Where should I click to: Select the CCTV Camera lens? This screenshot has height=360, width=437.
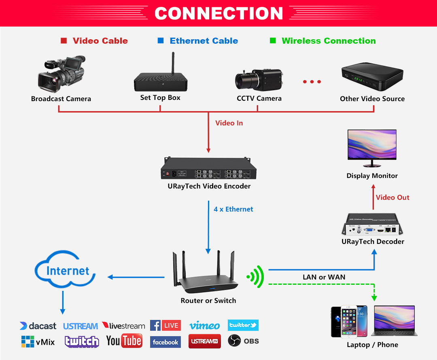click(x=244, y=80)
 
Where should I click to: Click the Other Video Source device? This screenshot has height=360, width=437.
click(x=372, y=77)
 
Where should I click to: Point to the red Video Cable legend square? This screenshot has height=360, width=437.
click(x=64, y=41)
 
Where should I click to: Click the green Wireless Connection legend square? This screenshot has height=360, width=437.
click(x=273, y=41)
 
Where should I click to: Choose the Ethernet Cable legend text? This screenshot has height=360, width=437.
click(x=204, y=41)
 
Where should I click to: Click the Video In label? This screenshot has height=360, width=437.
click(x=229, y=123)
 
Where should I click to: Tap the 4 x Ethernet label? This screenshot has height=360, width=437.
click(x=233, y=209)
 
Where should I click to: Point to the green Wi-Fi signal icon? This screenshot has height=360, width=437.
click(x=256, y=277)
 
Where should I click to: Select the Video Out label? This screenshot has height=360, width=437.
click(x=392, y=197)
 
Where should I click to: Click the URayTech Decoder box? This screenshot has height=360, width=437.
click(x=373, y=226)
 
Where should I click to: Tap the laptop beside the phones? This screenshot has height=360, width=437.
click(x=394, y=322)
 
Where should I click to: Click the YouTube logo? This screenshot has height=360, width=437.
click(x=124, y=341)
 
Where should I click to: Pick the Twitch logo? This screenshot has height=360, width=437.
click(x=82, y=341)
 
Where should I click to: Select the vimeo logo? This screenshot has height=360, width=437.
click(x=204, y=326)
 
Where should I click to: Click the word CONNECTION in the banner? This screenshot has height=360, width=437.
click(x=218, y=13)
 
